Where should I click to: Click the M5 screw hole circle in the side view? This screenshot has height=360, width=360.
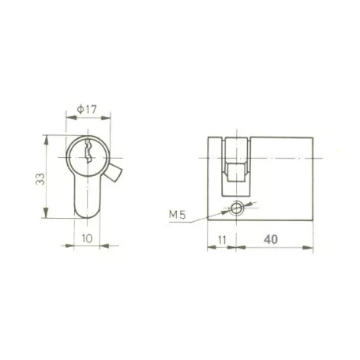coord(235,208)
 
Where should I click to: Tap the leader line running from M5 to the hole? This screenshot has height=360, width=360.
coord(207,215)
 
